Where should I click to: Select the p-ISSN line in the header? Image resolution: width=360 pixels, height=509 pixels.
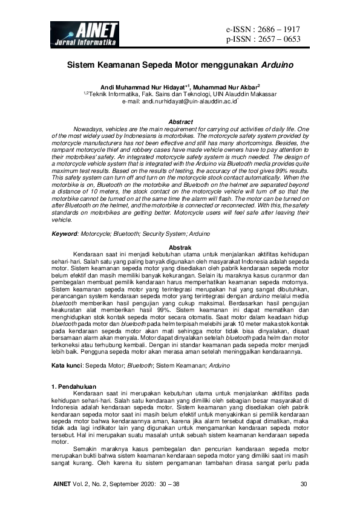pyautogui.click(x=263, y=40)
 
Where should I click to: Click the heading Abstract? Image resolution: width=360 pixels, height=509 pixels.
pyautogui.click(x=180, y=122)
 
